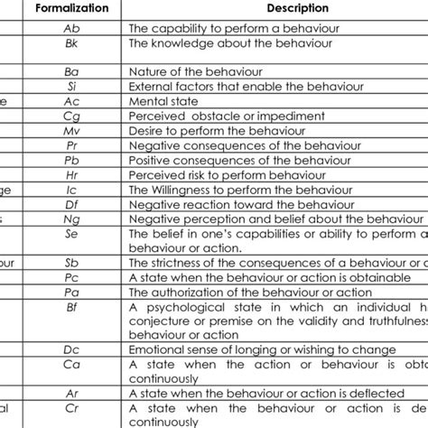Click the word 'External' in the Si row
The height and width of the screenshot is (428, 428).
click(x=151, y=86)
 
